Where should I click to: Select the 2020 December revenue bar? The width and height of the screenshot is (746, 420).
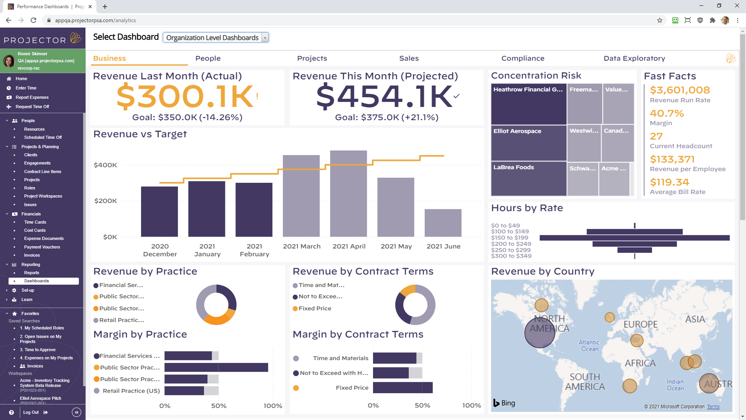pos(159,212)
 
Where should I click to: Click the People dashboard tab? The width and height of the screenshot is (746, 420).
pos(208,58)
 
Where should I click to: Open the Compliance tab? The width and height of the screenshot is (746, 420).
pos(523,58)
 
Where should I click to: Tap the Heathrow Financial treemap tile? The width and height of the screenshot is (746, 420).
pos(528,104)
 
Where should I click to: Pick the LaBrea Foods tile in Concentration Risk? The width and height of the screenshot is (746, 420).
pos(528,178)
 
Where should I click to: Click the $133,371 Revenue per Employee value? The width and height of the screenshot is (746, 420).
pos(672,159)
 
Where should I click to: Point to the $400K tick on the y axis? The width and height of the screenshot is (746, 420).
pos(105,165)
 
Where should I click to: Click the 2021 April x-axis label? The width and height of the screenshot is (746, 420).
pos(349,246)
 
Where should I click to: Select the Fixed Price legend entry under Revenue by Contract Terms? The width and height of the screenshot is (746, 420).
pos(315,308)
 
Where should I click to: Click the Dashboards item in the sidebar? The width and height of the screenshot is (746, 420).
pos(37,281)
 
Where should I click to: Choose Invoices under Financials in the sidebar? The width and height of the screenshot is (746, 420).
pos(32,255)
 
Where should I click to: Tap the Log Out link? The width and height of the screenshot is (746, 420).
pos(31,412)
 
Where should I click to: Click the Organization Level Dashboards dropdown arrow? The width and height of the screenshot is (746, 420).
pos(265,38)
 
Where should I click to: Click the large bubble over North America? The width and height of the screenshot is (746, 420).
pos(540,333)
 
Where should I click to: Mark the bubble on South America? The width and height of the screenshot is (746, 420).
pos(629,386)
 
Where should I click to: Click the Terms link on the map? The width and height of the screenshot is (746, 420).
pos(713,407)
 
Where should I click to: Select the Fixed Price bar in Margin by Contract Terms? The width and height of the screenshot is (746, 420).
pos(403,388)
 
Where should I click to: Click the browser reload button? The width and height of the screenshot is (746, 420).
pos(33,20)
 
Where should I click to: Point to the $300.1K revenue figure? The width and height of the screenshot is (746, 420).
pos(185,96)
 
